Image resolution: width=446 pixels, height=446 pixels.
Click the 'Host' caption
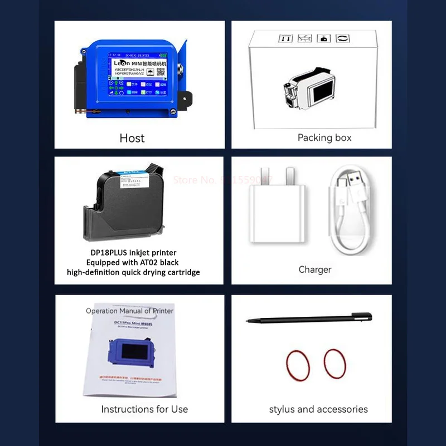[132, 138]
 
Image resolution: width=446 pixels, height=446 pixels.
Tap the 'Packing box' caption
[324, 138]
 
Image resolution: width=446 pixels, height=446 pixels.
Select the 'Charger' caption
[315, 269]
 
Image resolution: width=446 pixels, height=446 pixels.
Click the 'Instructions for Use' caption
[144, 409]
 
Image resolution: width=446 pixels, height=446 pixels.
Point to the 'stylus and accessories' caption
[318, 409]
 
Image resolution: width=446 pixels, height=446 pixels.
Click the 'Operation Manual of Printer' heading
[129, 311]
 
